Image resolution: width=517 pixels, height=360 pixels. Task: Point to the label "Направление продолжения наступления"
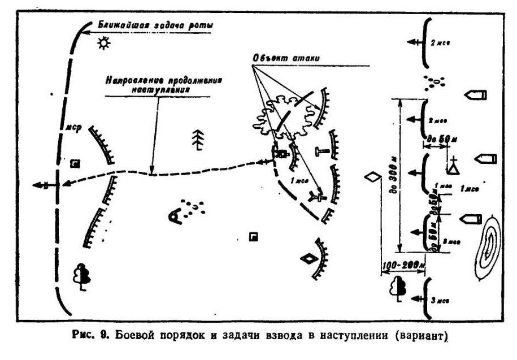tap(162, 84)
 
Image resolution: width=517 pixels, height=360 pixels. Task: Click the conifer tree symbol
tap(197, 140)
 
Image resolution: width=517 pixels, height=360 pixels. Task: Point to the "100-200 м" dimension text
tap(403, 264)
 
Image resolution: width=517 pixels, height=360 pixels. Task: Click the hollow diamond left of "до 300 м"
tap(373, 177)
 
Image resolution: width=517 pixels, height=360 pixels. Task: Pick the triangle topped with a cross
tap(452, 166)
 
